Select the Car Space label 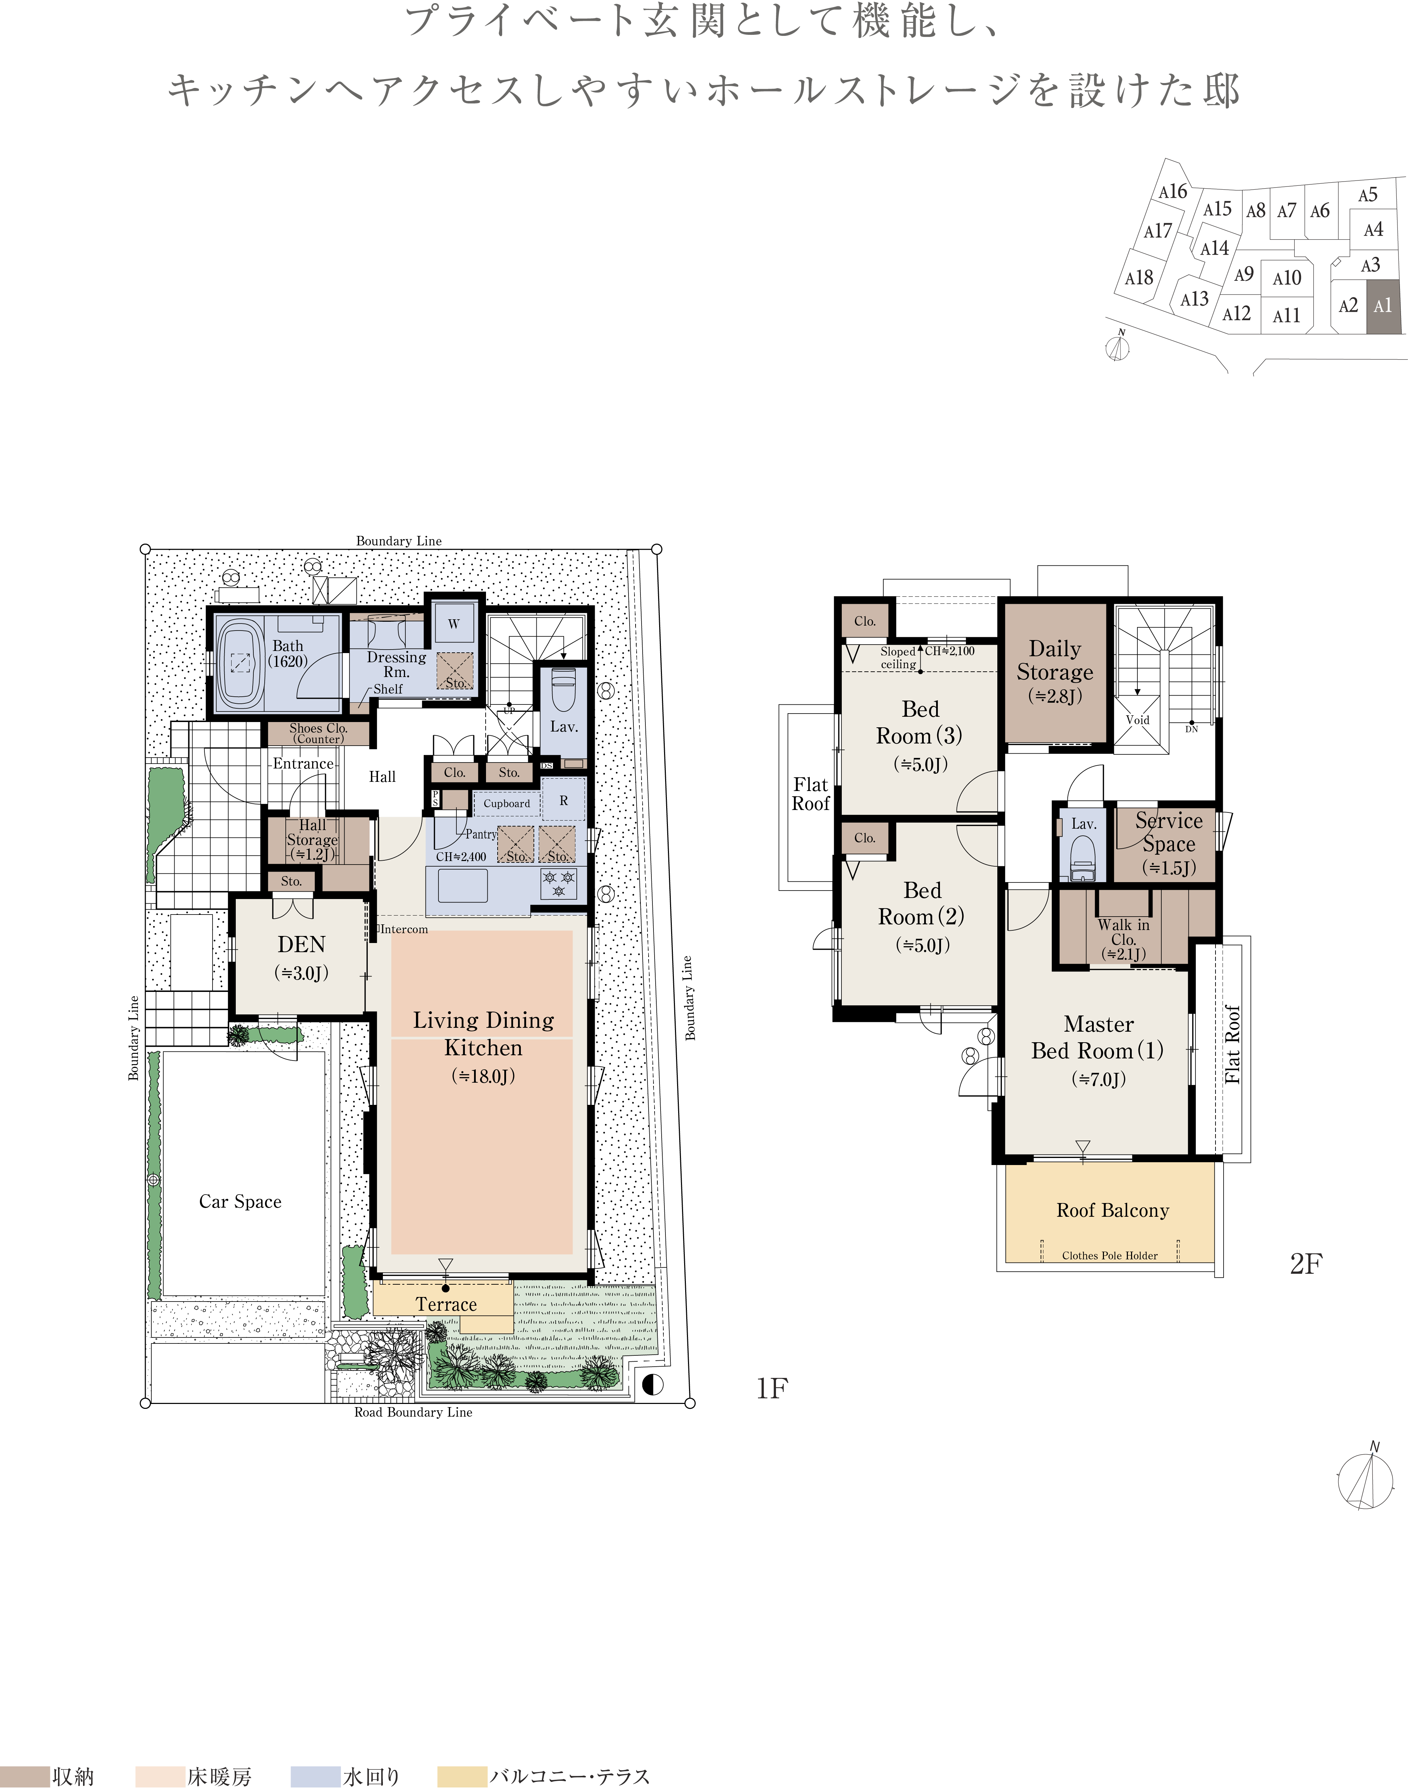tap(240, 1202)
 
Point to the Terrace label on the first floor tap(446, 1304)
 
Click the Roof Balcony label tap(1113, 1210)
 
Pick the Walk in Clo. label tap(1124, 932)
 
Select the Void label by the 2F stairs tap(1138, 720)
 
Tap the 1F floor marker tap(772, 1389)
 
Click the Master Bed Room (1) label tap(1098, 1037)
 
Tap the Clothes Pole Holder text tap(1110, 1255)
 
